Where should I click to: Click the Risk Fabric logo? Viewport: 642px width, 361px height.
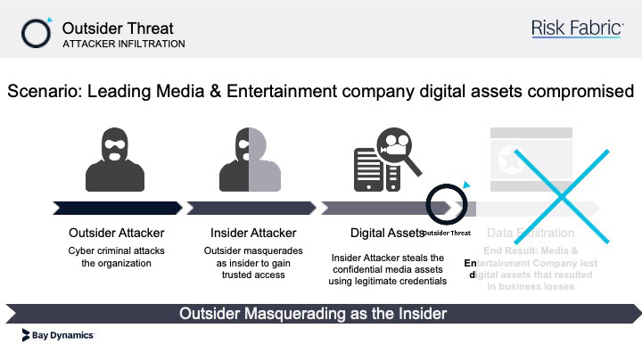point(577,29)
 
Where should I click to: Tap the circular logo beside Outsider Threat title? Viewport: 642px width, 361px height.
point(37,32)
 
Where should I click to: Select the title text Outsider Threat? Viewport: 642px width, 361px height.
point(118,28)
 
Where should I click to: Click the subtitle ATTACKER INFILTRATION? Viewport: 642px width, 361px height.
point(124,44)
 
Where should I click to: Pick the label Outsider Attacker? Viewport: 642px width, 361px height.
point(116,234)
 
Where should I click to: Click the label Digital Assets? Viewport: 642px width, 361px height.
point(387,234)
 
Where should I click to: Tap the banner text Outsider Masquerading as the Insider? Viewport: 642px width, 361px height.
point(313,314)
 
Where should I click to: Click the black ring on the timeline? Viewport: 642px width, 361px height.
point(444,207)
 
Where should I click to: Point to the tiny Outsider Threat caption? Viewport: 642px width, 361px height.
point(446,234)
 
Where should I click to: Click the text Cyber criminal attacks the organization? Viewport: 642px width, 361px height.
point(116,257)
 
